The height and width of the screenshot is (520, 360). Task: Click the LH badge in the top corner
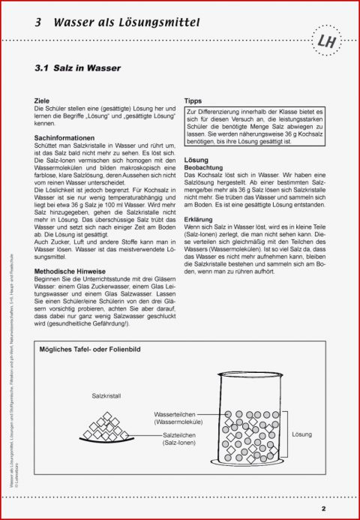(327, 42)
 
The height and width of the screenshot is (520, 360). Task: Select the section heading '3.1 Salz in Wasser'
(77, 68)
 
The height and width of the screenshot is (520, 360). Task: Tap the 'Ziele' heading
(42, 100)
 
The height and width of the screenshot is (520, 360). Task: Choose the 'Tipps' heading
(193, 100)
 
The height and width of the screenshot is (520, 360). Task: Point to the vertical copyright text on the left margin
(10, 420)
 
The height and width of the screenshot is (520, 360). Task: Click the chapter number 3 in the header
(37, 23)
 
